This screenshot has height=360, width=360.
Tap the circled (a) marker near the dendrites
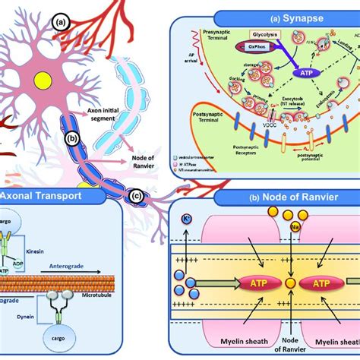click(x=60, y=24)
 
